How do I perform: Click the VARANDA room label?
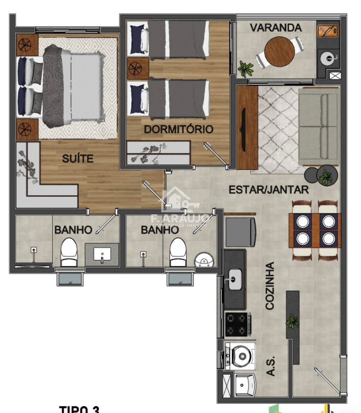point(276,28)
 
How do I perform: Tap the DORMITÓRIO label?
point(179,129)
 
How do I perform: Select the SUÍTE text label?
point(78,158)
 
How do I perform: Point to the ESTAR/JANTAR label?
point(268,190)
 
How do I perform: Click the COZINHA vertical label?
point(269,286)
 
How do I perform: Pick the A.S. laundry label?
point(271,366)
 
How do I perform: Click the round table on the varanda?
point(279,51)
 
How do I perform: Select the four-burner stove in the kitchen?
point(238,324)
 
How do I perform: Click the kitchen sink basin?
point(235,279)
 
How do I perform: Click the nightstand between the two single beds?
point(138,69)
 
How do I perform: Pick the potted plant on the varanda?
point(246,68)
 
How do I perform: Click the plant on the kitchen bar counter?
point(292,321)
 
